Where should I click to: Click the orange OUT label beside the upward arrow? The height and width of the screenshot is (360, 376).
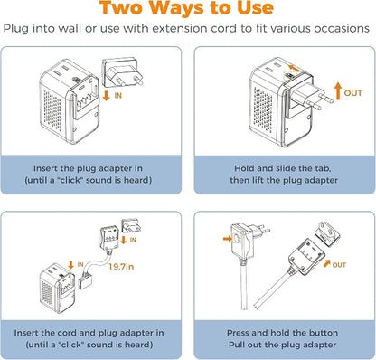352,93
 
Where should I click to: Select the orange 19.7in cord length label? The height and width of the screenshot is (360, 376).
121,267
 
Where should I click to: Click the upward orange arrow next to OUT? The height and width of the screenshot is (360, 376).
338,91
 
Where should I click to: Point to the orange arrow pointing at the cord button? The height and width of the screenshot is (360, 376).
228,239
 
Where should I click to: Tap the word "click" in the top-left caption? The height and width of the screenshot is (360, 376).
70,180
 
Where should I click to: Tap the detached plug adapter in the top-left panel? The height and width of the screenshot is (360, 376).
123,72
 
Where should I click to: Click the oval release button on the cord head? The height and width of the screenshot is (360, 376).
238,238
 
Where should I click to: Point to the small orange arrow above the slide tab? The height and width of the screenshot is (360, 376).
295,68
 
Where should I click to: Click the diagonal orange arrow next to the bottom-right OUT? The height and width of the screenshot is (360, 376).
326,264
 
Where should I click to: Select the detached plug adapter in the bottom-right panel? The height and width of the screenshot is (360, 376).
327,232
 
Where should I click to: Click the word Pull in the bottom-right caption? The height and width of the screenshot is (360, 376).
237,345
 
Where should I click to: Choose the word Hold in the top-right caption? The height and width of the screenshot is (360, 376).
244,168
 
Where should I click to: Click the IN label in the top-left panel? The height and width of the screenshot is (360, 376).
118,96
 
